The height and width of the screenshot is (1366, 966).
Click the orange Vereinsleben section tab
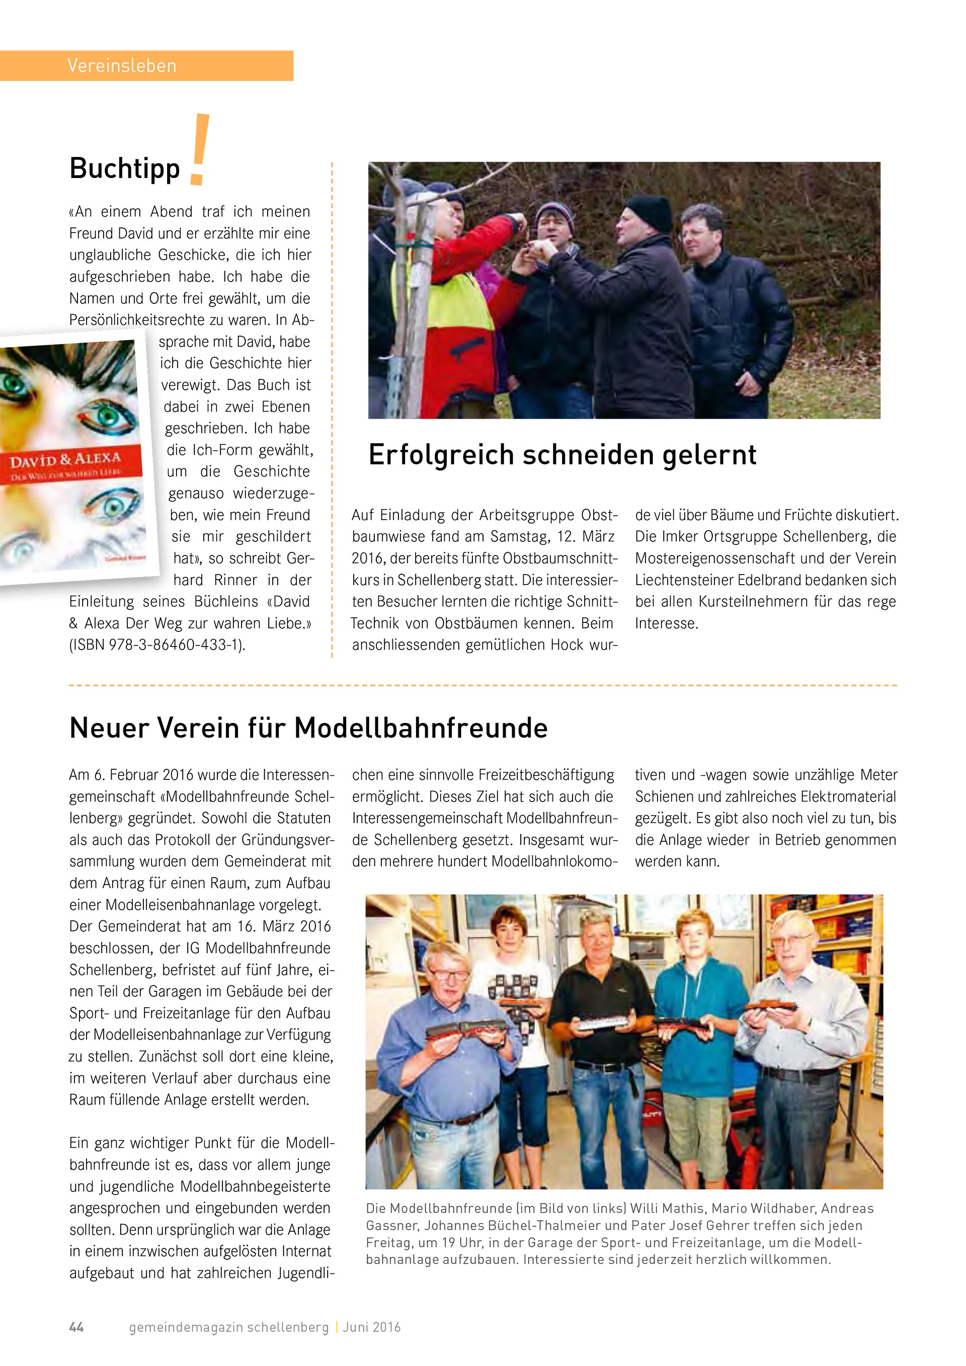click(x=146, y=65)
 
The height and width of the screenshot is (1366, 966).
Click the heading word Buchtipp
click(x=124, y=169)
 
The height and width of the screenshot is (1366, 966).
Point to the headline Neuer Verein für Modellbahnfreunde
click(x=308, y=728)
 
